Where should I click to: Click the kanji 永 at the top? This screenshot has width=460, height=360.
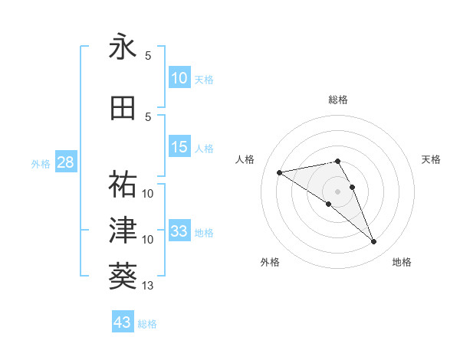[x=123, y=47]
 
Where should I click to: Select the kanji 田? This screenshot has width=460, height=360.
[x=123, y=108]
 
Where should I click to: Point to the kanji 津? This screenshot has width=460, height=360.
[x=123, y=229]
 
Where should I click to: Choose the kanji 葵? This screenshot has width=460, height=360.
[x=123, y=274]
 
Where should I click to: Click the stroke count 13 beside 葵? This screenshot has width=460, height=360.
[x=148, y=286]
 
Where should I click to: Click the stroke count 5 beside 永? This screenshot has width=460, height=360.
[x=148, y=56]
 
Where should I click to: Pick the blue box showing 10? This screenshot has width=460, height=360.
[x=179, y=78]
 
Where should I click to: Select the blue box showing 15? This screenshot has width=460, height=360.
[x=179, y=148]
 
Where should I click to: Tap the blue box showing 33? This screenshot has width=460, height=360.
[x=179, y=231]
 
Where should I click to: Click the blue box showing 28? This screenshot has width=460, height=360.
[x=65, y=162]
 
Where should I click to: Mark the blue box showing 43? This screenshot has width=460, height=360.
[x=122, y=322]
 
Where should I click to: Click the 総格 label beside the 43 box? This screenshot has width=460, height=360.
[x=147, y=324]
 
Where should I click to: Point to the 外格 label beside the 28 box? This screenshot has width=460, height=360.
[x=41, y=164]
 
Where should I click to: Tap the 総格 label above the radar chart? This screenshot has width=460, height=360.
[x=338, y=100]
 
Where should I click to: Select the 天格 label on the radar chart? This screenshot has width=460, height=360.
[x=431, y=159]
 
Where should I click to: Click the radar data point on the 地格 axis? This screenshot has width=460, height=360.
[x=374, y=242]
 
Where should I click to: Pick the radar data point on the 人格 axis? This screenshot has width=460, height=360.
[x=280, y=172]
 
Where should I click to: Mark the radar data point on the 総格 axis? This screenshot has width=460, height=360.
[x=338, y=161]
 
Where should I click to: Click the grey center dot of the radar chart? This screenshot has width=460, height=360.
[x=338, y=191]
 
